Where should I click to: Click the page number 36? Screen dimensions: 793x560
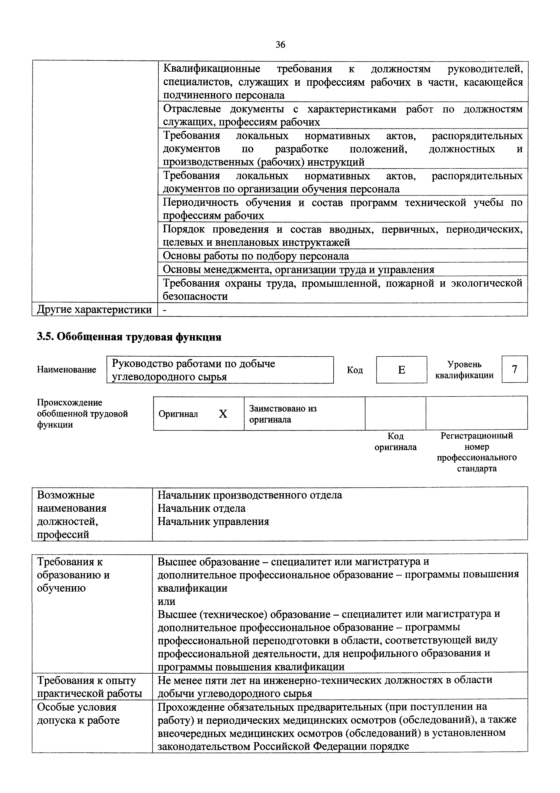point(280,45)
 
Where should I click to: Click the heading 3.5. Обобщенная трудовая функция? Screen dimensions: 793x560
point(129,337)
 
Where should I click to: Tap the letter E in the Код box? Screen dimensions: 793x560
point(401,370)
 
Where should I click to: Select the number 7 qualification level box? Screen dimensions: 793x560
point(514,369)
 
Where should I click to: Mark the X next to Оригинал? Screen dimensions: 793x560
point(223,414)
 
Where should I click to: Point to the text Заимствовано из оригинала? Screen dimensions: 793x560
point(283,414)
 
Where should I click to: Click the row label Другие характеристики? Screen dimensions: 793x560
point(94,309)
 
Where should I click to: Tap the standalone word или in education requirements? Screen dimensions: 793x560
point(166,601)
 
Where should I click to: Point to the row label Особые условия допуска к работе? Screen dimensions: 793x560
point(78,713)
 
